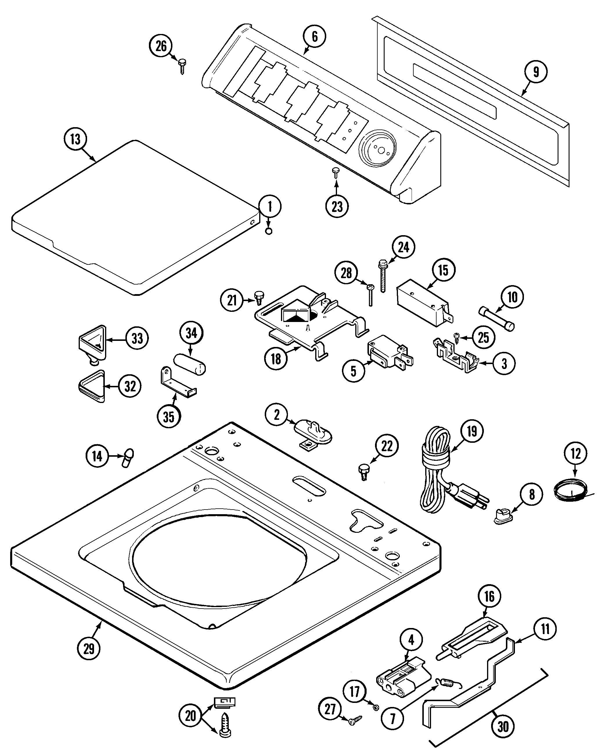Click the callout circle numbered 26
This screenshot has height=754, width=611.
161,46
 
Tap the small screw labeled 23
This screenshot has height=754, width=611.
336,172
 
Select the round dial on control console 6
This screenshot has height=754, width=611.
378,150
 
